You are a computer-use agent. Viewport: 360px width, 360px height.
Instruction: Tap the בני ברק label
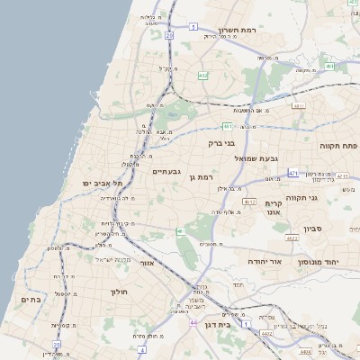(220, 143)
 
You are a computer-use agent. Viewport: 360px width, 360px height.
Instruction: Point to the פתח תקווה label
(338, 145)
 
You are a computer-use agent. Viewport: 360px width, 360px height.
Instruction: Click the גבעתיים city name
(167, 172)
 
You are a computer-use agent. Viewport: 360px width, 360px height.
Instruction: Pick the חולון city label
(121, 292)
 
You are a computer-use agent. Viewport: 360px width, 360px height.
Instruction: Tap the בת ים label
(29, 299)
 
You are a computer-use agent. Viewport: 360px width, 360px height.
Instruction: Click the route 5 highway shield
(193, 27)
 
